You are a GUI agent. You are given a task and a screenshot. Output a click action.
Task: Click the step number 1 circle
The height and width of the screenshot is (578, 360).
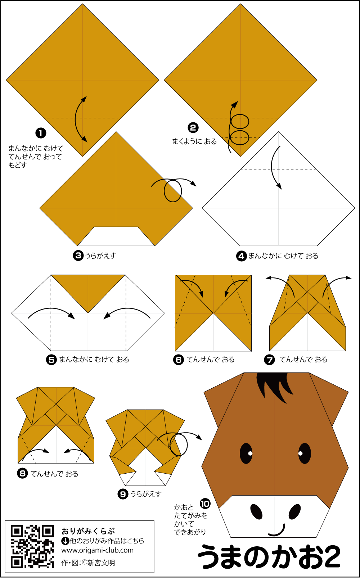point(41,133)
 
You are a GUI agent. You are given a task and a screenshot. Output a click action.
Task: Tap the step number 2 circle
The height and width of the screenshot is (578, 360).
point(193,128)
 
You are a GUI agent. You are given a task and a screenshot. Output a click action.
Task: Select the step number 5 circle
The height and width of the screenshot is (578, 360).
point(51,360)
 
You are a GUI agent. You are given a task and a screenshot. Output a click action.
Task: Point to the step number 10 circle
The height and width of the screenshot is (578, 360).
point(205,504)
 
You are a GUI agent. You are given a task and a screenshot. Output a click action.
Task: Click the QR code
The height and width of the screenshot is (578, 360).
point(32,547)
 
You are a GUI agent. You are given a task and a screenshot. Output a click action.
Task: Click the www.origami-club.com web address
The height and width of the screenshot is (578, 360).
point(97,550)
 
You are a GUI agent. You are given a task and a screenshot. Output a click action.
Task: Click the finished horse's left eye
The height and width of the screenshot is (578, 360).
point(246,453)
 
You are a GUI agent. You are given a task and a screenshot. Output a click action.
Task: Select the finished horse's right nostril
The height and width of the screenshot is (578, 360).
point(294,511)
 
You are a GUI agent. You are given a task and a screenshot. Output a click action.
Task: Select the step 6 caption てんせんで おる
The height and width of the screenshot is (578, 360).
point(210,360)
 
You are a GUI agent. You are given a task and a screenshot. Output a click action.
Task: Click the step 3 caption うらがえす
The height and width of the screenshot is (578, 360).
point(101,256)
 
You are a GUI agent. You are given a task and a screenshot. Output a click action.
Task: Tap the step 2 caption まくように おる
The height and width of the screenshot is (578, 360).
point(194,141)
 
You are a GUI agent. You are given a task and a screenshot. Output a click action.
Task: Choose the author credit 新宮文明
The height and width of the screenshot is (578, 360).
point(101,563)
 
